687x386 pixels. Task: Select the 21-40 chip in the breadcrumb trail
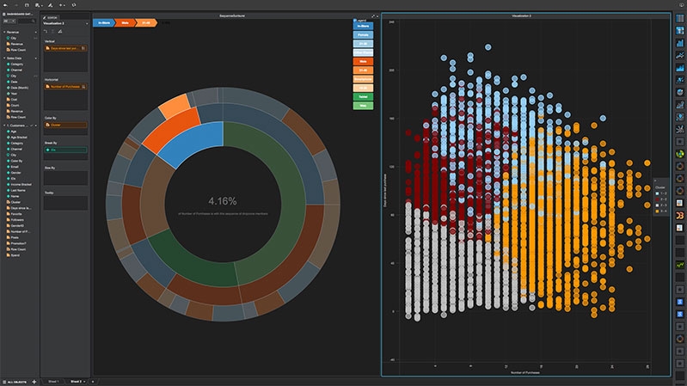pyautogui.click(x=147, y=22)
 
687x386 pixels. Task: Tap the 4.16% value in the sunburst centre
pyautogui.click(x=222, y=203)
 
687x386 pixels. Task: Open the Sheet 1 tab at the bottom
pyautogui.click(x=53, y=381)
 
